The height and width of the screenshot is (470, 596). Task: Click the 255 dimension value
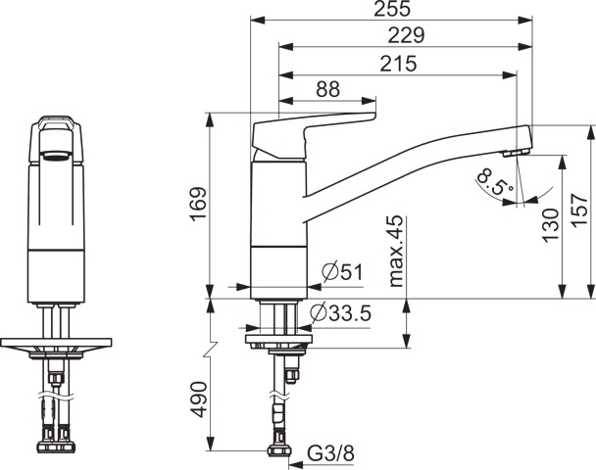point(391,9)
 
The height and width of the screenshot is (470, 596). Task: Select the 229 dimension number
point(404,35)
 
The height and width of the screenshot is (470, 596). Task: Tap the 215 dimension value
point(397,63)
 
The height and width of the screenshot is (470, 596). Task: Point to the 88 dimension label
point(327,89)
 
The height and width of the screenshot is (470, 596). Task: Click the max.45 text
point(396,252)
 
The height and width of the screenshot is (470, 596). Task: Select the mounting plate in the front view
point(59,345)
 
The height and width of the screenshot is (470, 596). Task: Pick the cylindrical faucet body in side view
point(278,225)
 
